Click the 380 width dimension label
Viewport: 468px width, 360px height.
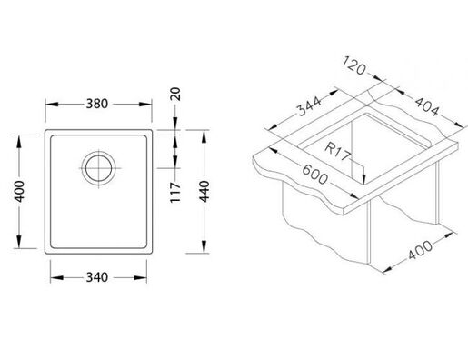point(97,104)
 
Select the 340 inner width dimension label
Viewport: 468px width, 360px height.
point(97,277)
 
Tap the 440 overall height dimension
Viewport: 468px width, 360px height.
point(204,192)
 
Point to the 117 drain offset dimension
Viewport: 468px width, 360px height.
point(175,193)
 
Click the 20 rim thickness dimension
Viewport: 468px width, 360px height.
point(175,94)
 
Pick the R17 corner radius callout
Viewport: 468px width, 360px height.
point(338,152)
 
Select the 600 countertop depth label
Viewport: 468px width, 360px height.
point(315,175)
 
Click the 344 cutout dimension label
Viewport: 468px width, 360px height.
point(309,106)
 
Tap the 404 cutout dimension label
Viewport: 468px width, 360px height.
point(427,106)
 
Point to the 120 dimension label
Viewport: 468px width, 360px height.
point(354,65)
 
